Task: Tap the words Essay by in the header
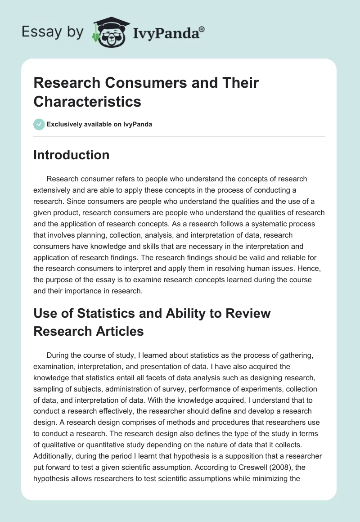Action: (x=53, y=32)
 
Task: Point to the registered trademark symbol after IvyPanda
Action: (x=202, y=29)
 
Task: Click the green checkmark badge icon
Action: (x=39, y=124)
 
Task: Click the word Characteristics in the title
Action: (x=87, y=101)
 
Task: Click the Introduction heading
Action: (x=71, y=155)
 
